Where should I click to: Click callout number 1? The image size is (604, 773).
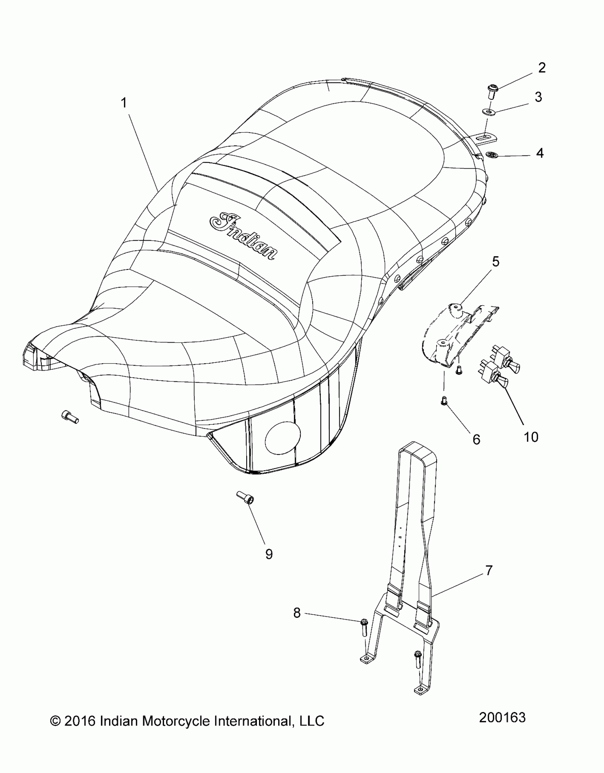tap(124, 103)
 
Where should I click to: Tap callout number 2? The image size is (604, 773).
tap(542, 68)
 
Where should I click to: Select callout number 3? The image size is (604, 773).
tap(538, 97)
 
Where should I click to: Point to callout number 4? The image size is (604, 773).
tap(540, 153)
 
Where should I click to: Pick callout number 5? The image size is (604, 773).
tap(496, 262)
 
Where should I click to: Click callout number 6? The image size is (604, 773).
tap(476, 440)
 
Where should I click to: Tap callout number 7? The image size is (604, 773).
tap(489, 570)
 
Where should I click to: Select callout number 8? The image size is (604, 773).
tap(297, 613)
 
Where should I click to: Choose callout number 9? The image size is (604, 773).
tap(269, 554)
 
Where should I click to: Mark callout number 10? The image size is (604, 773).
tap(531, 437)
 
